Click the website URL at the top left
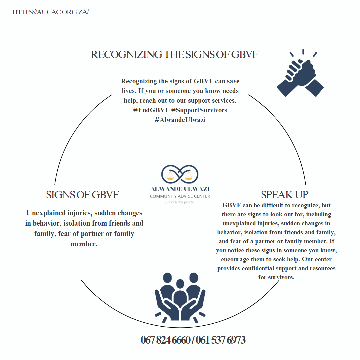point(50,12)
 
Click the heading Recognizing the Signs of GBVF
point(174,54)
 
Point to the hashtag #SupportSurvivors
point(199,110)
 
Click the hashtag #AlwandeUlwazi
point(180,120)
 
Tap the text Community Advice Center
point(180,196)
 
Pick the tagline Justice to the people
point(180,202)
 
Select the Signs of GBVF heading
point(82,195)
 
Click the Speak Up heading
point(285,195)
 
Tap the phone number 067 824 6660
point(165,340)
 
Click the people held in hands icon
point(180,295)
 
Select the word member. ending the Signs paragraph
point(84,244)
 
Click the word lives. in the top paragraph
point(129,91)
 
